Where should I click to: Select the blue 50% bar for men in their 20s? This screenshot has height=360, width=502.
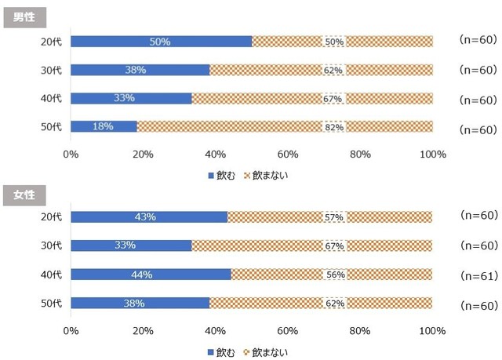tap(162, 42)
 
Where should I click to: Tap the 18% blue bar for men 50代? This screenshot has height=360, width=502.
tap(104, 126)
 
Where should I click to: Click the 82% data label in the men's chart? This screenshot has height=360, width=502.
tap(333, 126)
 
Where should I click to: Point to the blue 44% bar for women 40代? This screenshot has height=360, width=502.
tap(151, 275)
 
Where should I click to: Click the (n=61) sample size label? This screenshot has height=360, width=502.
tap(477, 275)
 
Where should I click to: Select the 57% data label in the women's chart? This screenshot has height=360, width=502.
tap(333, 217)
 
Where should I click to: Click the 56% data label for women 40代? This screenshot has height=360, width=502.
tap(333, 275)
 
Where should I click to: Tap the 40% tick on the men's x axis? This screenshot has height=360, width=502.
tap(216, 155)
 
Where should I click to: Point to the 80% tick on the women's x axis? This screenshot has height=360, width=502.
tap(360, 332)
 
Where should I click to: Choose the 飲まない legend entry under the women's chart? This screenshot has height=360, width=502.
tap(267, 352)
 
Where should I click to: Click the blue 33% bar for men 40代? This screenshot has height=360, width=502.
tap(131, 98)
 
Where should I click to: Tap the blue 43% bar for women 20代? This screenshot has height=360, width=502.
tap(149, 217)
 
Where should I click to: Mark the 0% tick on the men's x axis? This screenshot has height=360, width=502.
tap(71, 155)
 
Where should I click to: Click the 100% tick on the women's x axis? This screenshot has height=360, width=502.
tap(432, 332)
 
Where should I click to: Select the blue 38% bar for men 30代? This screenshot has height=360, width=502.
tap(140, 70)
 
